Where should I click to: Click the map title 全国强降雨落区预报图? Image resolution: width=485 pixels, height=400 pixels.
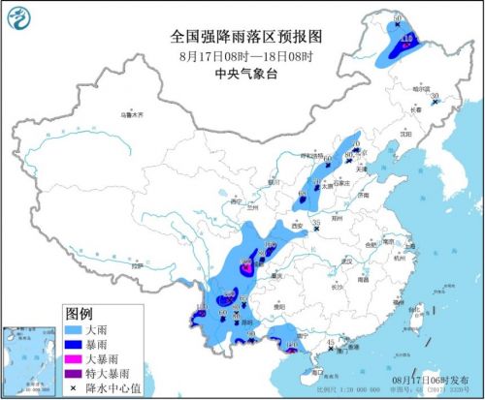[244, 37]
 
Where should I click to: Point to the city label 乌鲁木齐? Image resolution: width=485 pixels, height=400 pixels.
[132, 115]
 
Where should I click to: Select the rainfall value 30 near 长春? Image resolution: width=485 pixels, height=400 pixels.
[436, 96]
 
